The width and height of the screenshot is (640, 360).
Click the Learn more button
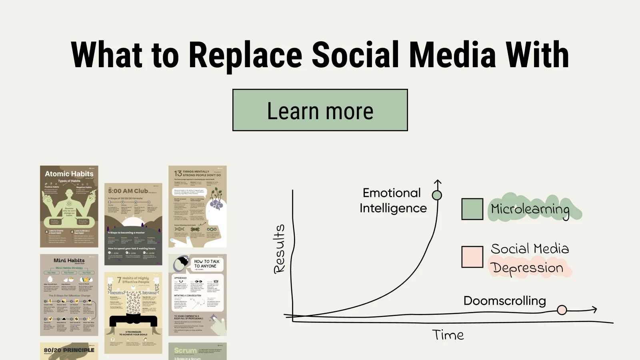point(320,110)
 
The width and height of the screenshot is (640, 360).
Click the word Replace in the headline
point(245,55)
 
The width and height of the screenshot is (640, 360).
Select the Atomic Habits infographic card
point(69,206)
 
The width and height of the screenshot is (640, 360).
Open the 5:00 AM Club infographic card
point(133,224)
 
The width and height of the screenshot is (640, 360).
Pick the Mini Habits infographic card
point(69,295)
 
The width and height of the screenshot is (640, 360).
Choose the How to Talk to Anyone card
point(198,295)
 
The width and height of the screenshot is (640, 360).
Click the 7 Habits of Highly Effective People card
point(133,313)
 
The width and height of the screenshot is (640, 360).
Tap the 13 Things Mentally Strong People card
point(198,206)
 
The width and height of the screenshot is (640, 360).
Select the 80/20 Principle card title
point(69,350)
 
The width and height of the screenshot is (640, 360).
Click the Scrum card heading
point(186,350)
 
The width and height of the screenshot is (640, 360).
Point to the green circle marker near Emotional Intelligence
point(437,195)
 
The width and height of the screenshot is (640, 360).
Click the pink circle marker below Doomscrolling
point(562,310)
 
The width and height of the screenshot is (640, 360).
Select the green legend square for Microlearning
point(472,209)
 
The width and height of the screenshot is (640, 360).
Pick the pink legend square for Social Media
point(472,257)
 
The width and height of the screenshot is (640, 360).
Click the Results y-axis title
point(279,249)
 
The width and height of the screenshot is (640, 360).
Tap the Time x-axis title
point(448,335)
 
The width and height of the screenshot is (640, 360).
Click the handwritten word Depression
point(528,268)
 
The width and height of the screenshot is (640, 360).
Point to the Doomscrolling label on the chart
point(504,301)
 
